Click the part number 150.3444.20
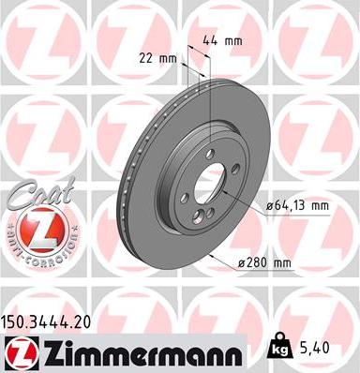click(x=52, y=321)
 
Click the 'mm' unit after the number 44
click(x=234, y=41)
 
